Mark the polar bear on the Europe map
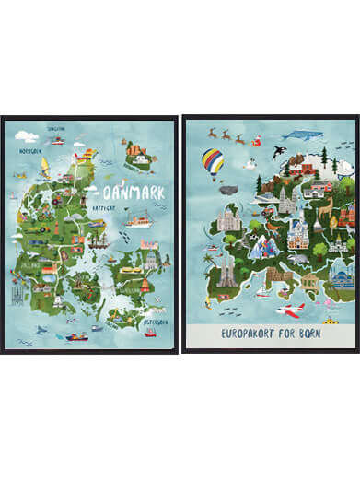[x=342, y=169]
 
